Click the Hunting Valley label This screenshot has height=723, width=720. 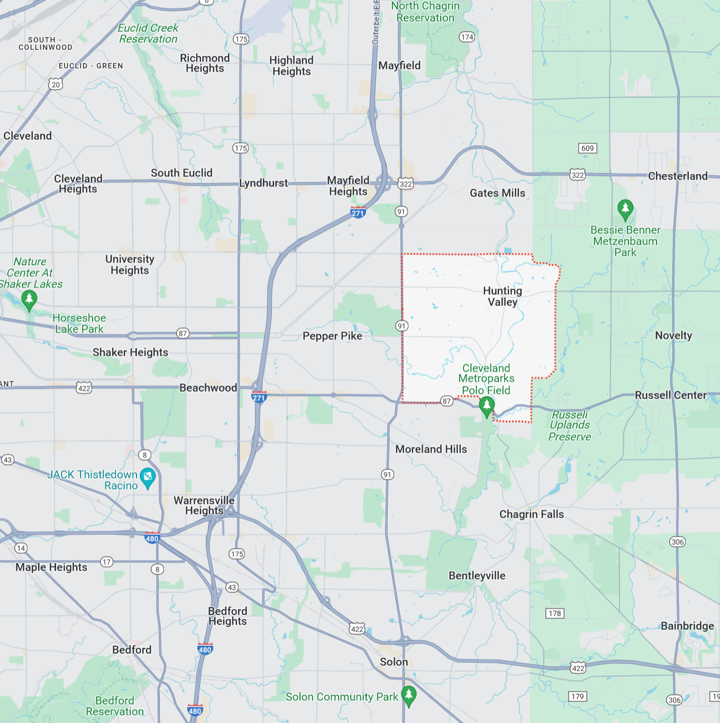[x=502, y=296]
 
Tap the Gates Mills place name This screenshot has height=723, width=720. [x=497, y=193]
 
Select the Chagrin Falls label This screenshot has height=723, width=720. [x=531, y=514]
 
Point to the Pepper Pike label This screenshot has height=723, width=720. [x=332, y=336]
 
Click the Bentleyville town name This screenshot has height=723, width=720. [x=477, y=575]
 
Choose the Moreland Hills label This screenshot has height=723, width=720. [x=431, y=449]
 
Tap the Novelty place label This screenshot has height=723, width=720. [x=673, y=335]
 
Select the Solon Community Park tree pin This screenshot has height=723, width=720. [x=408, y=695]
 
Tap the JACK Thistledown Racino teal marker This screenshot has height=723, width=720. [x=148, y=477]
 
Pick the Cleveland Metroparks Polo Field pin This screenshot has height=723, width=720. [x=486, y=406]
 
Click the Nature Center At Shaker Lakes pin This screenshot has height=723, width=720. [x=29, y=300]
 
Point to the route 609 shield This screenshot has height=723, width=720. [x=587, y=148]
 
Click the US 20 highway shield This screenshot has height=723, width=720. [x=56, y=84]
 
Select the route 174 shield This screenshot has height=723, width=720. [x=467, y=37]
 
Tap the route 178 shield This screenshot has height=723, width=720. [x=554, y=614]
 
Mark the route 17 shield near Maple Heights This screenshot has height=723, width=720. [x=107, y=562]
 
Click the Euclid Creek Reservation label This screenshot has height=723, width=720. [x=148, y=33]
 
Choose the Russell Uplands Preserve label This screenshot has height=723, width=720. [x=569, y=425]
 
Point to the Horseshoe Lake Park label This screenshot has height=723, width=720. [x=79, y=323]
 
